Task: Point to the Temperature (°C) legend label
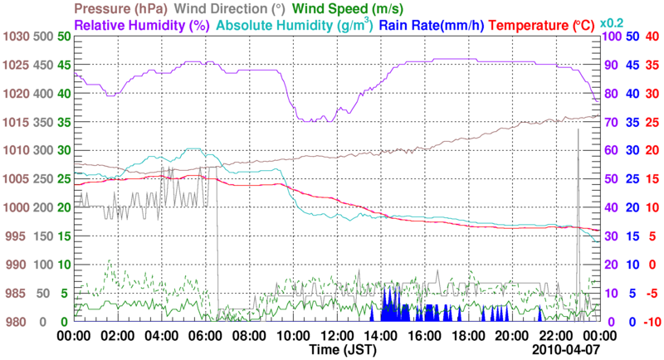click(546, 26)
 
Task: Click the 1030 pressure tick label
click(16, 36)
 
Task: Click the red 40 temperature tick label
click(651, 36)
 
